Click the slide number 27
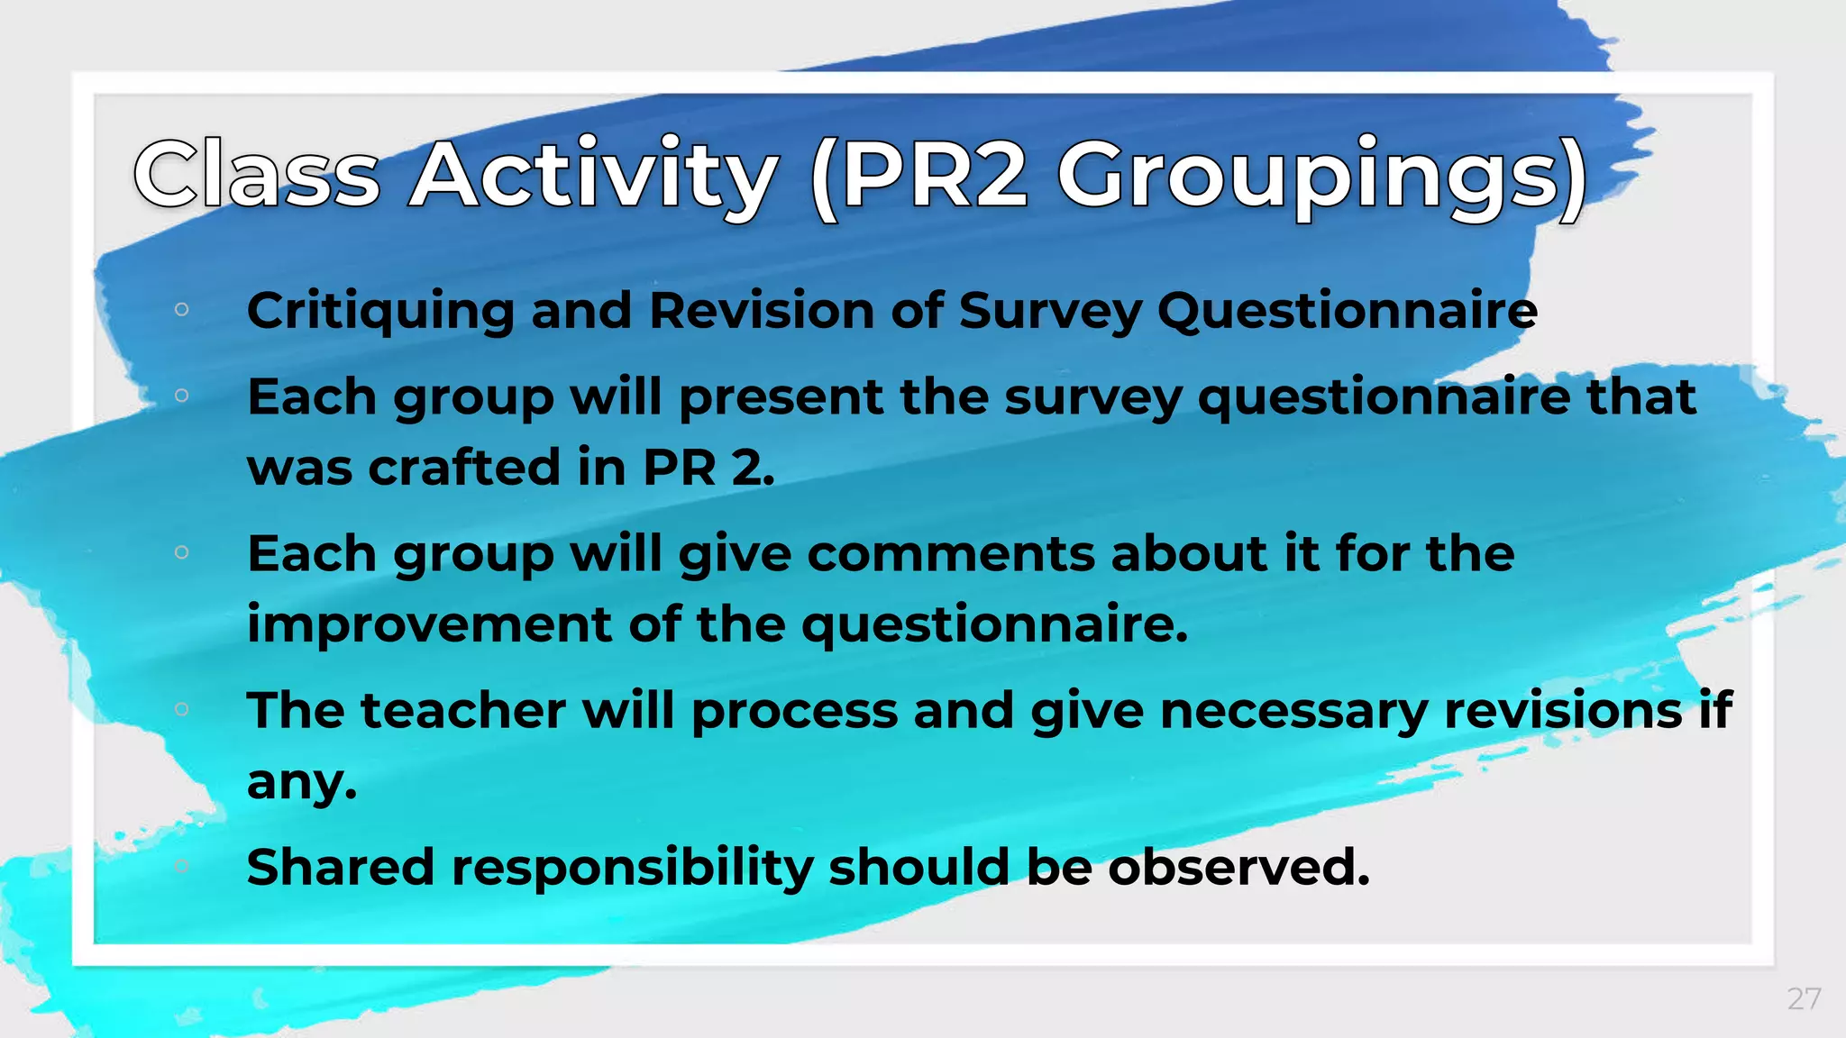click(1804, 998)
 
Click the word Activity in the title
click(593, 175)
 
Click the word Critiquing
click(380, 311)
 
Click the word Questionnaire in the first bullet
click(1347, 311)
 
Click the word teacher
click(463, 710)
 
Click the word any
click(301, 781)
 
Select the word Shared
click(340, 867)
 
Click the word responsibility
click(632, 867)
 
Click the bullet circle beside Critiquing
click(181, 310)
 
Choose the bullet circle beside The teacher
click(181, 709)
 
